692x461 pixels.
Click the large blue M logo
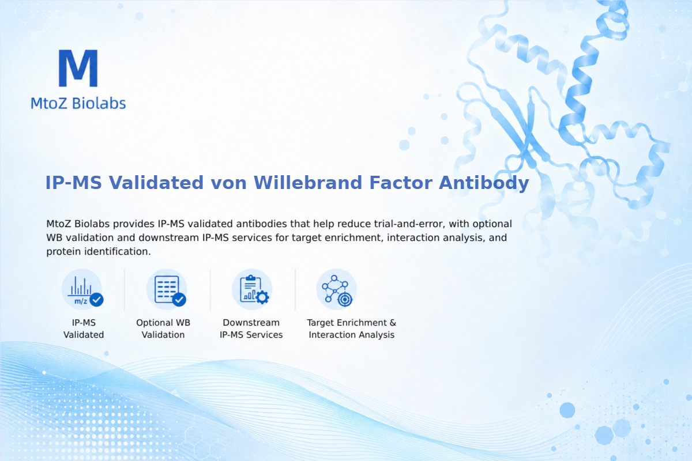(78, 68)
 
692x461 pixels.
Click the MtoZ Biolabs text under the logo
(78, 103)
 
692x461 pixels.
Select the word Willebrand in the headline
(308, 183)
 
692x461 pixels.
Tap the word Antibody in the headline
(484, 183)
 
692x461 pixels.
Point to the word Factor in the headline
(400, 183)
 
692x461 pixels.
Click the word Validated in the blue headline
(156, 183)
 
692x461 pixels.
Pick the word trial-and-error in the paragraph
(409, 224)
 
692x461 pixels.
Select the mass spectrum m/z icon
(82, 290)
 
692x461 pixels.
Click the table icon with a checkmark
(167, 290)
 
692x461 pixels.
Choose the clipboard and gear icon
(252, 290)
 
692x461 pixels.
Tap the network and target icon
(337, 290)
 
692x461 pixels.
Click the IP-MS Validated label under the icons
(84, 328)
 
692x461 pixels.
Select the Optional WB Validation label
(163, 328)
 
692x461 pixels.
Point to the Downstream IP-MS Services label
(251, 328)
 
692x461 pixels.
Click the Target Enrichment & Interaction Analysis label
(352, 328)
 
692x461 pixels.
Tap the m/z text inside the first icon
(81, 301)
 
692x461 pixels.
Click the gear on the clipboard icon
(262, 297)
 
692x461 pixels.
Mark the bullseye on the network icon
(345, 300)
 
